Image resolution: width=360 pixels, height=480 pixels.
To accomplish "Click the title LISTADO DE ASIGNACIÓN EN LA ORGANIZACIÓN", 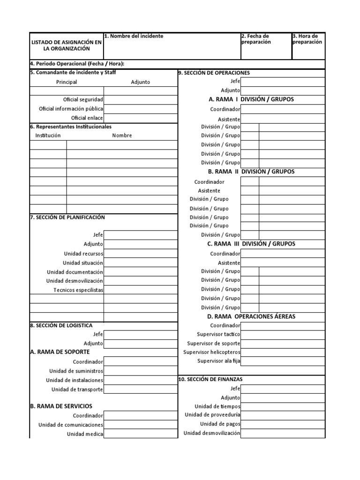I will click(66, 45).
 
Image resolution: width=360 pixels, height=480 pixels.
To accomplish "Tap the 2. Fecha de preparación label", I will click(256, 39).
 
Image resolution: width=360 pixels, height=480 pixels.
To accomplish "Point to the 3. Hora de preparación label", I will click(307, 39).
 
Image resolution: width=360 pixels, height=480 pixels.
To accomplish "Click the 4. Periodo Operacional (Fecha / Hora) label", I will click(78, 64).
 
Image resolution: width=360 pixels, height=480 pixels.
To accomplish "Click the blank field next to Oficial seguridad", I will click(141, 99).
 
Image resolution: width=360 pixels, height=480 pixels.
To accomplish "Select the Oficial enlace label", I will click(87, 118).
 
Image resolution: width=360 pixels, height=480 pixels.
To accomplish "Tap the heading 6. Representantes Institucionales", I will click(71, 127).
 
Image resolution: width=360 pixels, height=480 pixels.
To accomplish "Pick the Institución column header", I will click(48, 135).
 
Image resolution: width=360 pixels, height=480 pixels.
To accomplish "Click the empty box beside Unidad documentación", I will click(141, 272).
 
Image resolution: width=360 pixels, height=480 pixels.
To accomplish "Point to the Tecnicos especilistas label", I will click(78, 290).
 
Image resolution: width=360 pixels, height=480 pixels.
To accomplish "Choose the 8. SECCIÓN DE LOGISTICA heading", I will click(61, 325).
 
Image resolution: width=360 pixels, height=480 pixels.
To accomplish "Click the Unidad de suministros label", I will click(76, 371).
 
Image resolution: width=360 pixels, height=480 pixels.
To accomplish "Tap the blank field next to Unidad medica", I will click(141, 434).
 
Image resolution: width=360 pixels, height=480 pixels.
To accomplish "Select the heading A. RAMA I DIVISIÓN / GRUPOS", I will click(251, 99).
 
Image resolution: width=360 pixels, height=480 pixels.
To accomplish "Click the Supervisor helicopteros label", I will click(211, 352).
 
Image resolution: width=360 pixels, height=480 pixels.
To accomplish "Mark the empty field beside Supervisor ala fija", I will click(283, 361).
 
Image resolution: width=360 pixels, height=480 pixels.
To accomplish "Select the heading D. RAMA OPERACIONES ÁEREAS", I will click(251, 316).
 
